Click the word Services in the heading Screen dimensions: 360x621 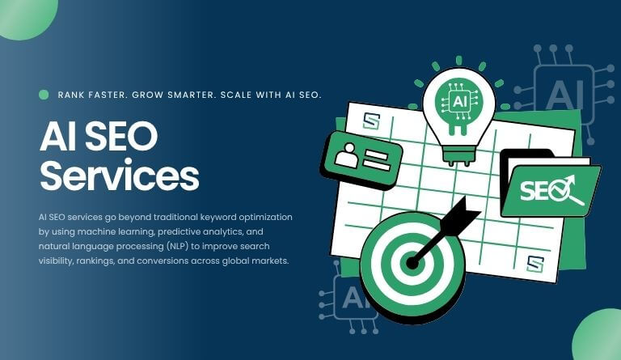pos(119,176)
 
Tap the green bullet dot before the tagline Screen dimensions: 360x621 pos(44,95)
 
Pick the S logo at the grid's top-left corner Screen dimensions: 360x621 pos(371,121)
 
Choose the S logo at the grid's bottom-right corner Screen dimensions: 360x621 pos(534,263)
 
